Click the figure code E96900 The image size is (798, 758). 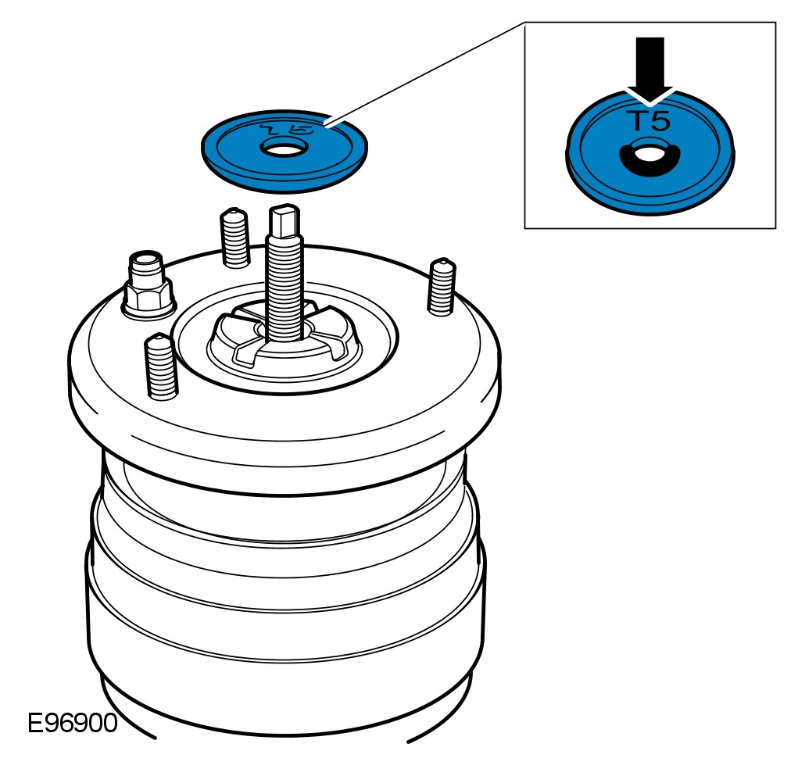pos(72,722)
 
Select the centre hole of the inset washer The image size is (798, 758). pos(648,153)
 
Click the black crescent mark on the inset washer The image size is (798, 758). pos(648,164)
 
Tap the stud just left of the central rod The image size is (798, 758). pos(234,238)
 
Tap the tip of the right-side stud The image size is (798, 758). pos(442,264)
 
